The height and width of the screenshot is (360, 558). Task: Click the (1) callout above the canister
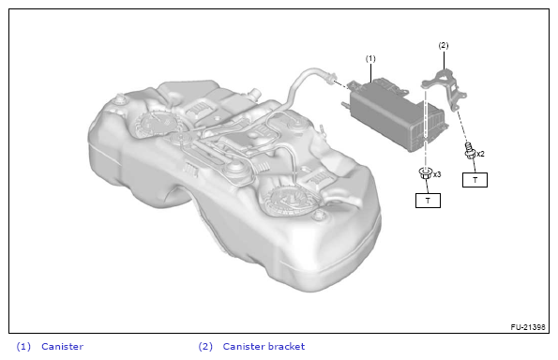(370, 59)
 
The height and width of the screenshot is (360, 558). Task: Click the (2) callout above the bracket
(444, 46)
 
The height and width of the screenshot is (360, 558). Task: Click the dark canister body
(395, 113)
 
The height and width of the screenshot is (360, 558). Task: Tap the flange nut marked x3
(426, 173)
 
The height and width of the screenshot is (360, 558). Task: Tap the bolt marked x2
(470, 151)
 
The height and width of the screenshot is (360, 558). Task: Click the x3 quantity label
(437, 174)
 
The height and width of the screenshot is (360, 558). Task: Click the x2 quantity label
(480, 154)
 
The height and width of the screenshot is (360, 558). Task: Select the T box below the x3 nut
(428, 201)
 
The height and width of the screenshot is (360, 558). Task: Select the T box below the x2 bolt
(475, 180)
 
